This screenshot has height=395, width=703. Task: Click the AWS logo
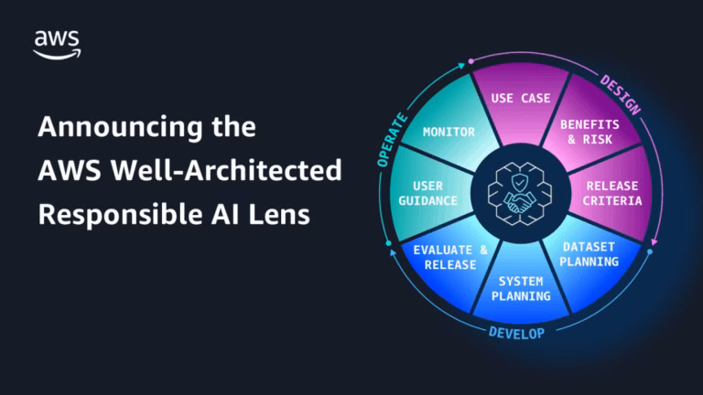click(x=58, y=45)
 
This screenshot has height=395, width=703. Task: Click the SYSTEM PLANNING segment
click(x=521, y=285)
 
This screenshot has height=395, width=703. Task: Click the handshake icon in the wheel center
click(x=520, y=202)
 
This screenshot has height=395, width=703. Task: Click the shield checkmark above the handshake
click(x=520, y=183)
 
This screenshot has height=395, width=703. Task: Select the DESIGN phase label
click(x=621, y=95)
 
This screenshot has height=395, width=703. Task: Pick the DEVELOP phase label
click(x=516, y=333)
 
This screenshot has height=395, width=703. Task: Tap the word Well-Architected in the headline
click(x=226, y=171)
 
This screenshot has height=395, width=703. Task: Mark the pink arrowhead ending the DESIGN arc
click(x=654, y=241)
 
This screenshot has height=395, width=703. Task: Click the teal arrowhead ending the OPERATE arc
click(x=461, y=66)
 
